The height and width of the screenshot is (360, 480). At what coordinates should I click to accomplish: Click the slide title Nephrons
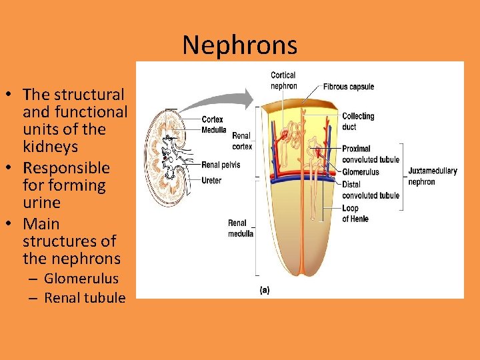click(x=239, y=45)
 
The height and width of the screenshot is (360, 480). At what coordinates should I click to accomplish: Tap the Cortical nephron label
click(x=284, y=81)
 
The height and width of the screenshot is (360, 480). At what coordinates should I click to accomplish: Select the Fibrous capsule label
click(x=349, y=87)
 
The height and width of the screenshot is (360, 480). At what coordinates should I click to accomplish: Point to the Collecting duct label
click(x=358, y=121)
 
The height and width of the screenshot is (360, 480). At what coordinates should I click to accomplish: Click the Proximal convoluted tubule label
click(x=371, y=154)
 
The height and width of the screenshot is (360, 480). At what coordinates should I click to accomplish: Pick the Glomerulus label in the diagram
click(x=361, y=172)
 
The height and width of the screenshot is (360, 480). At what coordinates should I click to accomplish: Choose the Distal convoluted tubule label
click(x=371, y=189)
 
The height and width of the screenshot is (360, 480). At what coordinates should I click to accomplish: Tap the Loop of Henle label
click(x=355, y=213)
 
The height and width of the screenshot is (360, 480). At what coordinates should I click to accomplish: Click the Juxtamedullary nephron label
click(x=433, y=176)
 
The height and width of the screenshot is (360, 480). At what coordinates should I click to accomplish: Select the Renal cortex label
click(x=242, y=141)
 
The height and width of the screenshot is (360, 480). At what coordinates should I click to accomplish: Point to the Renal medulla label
click(x=241, y=228)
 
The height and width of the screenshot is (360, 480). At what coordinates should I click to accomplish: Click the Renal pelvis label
click(x=221, y=165)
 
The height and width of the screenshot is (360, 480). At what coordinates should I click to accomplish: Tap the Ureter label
click(x=211, y=181)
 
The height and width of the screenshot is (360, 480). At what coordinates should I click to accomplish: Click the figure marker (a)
click(x=264, y=290)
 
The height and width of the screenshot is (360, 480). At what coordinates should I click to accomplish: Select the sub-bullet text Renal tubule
click(x=85, y=297)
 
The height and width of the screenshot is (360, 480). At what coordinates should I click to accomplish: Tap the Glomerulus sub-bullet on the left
click(x=81, y=279)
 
